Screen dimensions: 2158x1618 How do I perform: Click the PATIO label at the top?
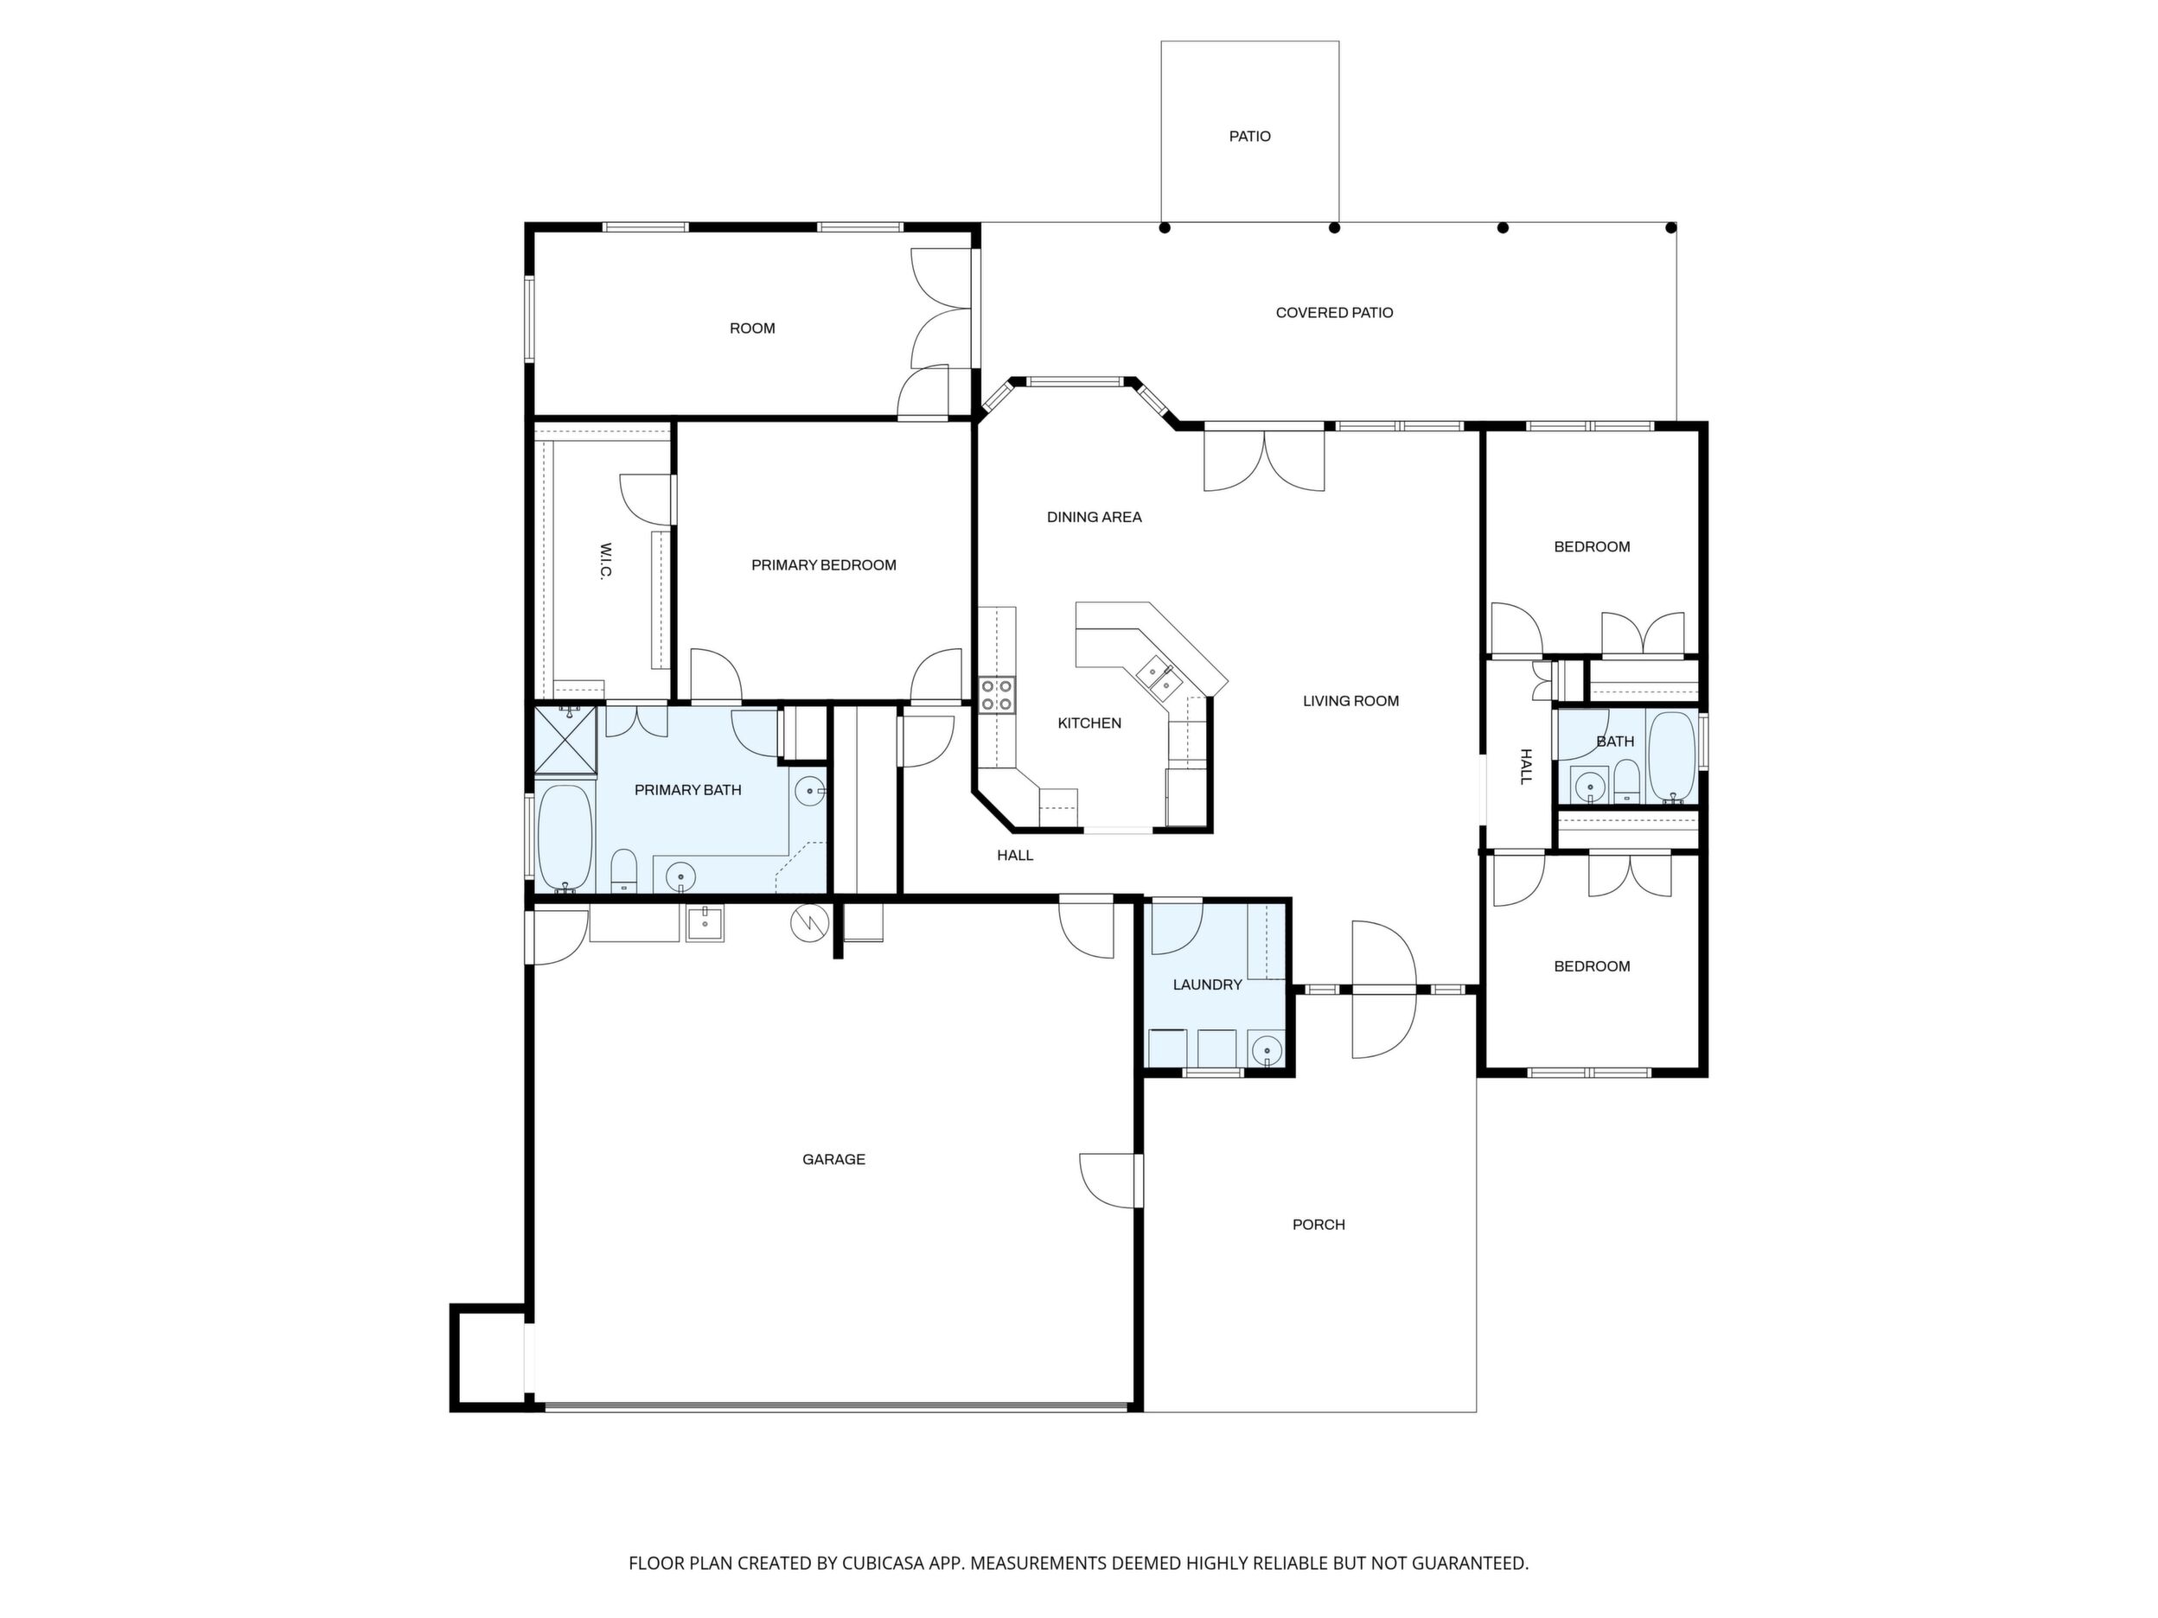tap(1249, 137)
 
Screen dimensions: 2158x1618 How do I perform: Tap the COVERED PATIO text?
tap(1335, 313)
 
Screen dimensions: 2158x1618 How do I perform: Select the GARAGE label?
tap(834, 1160)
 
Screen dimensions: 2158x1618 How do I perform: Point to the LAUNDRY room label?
tap(1208, 985)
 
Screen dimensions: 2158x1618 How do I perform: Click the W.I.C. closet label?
tap(605, 561)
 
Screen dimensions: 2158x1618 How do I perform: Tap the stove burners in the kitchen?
tap(997, 694)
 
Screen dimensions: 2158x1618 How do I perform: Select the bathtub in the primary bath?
tap(564, 838)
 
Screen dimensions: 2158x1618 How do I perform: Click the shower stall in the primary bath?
tap(565, 740)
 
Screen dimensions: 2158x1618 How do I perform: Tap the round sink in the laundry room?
tap(1267, 1050)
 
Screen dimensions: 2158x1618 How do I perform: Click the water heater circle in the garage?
tap(810, 924)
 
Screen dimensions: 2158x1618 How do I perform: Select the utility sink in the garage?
tap(705, 921)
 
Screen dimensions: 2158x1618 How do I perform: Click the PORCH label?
tap(1319, 1225)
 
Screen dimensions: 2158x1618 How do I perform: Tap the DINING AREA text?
tap(1095, 517)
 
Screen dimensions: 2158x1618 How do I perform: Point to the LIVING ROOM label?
tap(1351, 701)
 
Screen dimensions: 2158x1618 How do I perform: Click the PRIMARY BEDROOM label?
tap(823, 565)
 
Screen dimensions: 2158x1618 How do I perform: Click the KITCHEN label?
tap(1089, 723)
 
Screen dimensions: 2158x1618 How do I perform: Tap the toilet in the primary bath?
tap(623, 871)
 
